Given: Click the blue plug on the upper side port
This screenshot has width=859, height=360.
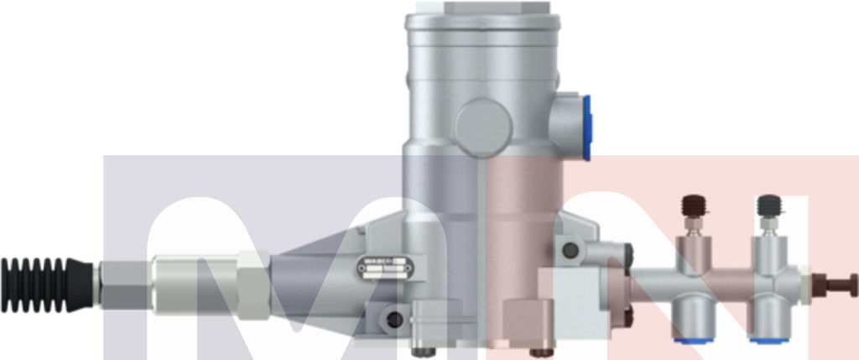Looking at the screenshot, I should point(586,127).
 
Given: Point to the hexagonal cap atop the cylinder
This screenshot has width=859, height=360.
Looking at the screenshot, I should point(484,8).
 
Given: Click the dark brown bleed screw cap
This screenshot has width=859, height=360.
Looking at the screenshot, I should point(692,205).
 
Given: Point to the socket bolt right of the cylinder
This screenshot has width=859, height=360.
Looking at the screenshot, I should point(571,250).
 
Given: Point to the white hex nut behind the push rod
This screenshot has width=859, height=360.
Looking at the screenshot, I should point(806,285).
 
